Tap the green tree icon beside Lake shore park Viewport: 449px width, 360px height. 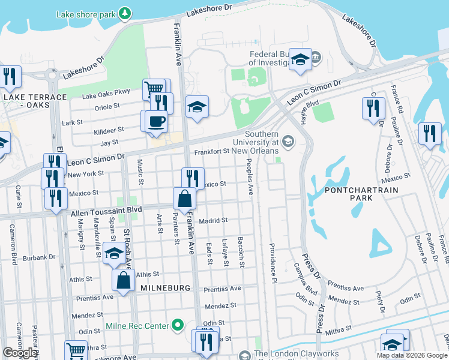(x=124, y=13)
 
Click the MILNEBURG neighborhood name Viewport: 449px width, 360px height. (x=165, y=288)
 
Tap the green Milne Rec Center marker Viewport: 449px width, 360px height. (x=177, y=326)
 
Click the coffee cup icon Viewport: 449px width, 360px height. (x=157, y=121)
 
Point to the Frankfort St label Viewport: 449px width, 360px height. (x=212, y=152)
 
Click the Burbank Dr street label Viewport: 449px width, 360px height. (x=40, y=257)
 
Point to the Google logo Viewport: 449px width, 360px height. (x=20, y=353)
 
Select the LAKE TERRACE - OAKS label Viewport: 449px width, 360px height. (x=35, y=101)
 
